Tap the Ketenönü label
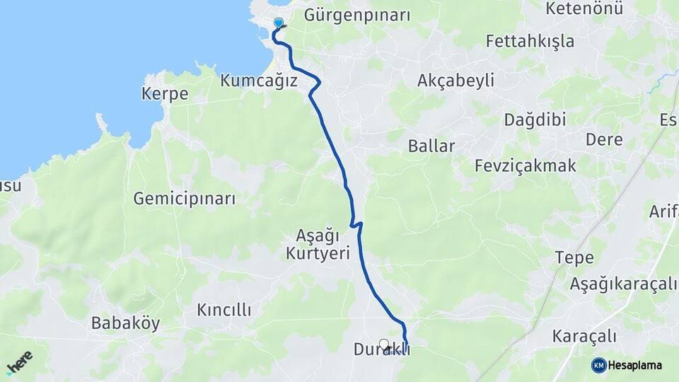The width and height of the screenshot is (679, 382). pyautogui.click(x=585, y=9)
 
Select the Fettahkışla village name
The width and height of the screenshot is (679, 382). pyautogui.click(x=530, y=41)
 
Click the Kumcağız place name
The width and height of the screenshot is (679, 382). pyautogui.click(x=258, y=81)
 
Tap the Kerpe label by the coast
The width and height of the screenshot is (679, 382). pyautogui.click(x=165, y=94)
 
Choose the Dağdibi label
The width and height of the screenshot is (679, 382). pyautogui.click(x=535, y=120)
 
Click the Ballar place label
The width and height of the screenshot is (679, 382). pyautogui.click(x=431, y=146)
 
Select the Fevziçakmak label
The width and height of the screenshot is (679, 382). pyautogui.click(x=526, y=166)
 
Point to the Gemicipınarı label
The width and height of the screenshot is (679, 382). pyautogui.click(x=185, y=198)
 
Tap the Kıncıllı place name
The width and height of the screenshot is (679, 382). pyautogui.click(x=224, y=310)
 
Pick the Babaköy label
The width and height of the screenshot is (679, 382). pyautogui.click(x=126, y=323)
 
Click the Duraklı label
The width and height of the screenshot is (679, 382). pyautogui.click(x=381, y=350)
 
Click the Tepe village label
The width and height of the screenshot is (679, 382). pyautogui.click(x=574, y=257)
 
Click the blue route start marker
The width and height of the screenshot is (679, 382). pyautogui.click(x=279, y=23)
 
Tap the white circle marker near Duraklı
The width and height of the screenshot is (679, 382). pyautogui.click(x=384, y=344)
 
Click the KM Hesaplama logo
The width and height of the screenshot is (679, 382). pyautogui.click(x=627, y=365)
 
